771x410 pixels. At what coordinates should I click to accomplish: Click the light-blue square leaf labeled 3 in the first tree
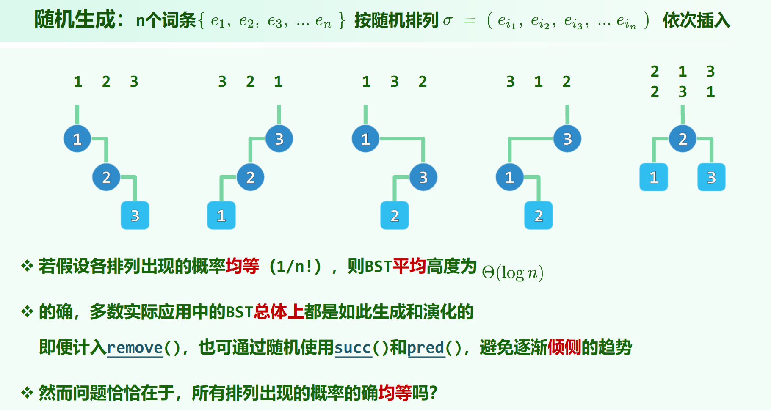coord(135,215)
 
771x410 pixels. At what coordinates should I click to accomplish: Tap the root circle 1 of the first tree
coord(77,139)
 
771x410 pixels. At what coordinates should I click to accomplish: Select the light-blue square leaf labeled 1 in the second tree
coord(221,215)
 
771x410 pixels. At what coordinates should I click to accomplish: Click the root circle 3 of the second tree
coord(279,139)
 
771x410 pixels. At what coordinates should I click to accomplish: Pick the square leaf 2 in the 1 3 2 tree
coord(395,215)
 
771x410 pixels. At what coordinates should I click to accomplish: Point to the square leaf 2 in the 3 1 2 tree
coord(539,215)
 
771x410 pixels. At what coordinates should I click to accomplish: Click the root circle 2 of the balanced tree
coord(683,139)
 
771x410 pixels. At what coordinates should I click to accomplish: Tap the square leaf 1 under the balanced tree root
coord(654,177)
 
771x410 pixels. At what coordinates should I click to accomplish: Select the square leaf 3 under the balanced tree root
coord(711,177)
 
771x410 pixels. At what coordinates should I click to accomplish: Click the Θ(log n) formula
coord(512,272)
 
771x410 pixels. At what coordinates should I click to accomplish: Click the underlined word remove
coord(135,348)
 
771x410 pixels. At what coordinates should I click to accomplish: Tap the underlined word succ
coord(353,348)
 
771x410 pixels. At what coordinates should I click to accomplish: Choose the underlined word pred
coord(426,348)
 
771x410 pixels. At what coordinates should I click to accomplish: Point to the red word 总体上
coord(279,312)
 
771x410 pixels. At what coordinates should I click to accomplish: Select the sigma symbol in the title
coord(448,20)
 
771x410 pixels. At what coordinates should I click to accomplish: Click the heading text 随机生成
coord(75,19)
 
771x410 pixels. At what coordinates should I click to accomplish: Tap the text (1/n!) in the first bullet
coord(296,267)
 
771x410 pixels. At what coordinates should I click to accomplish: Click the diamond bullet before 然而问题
coord(27,393)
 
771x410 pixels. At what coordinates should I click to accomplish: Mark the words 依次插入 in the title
coord(696,20)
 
